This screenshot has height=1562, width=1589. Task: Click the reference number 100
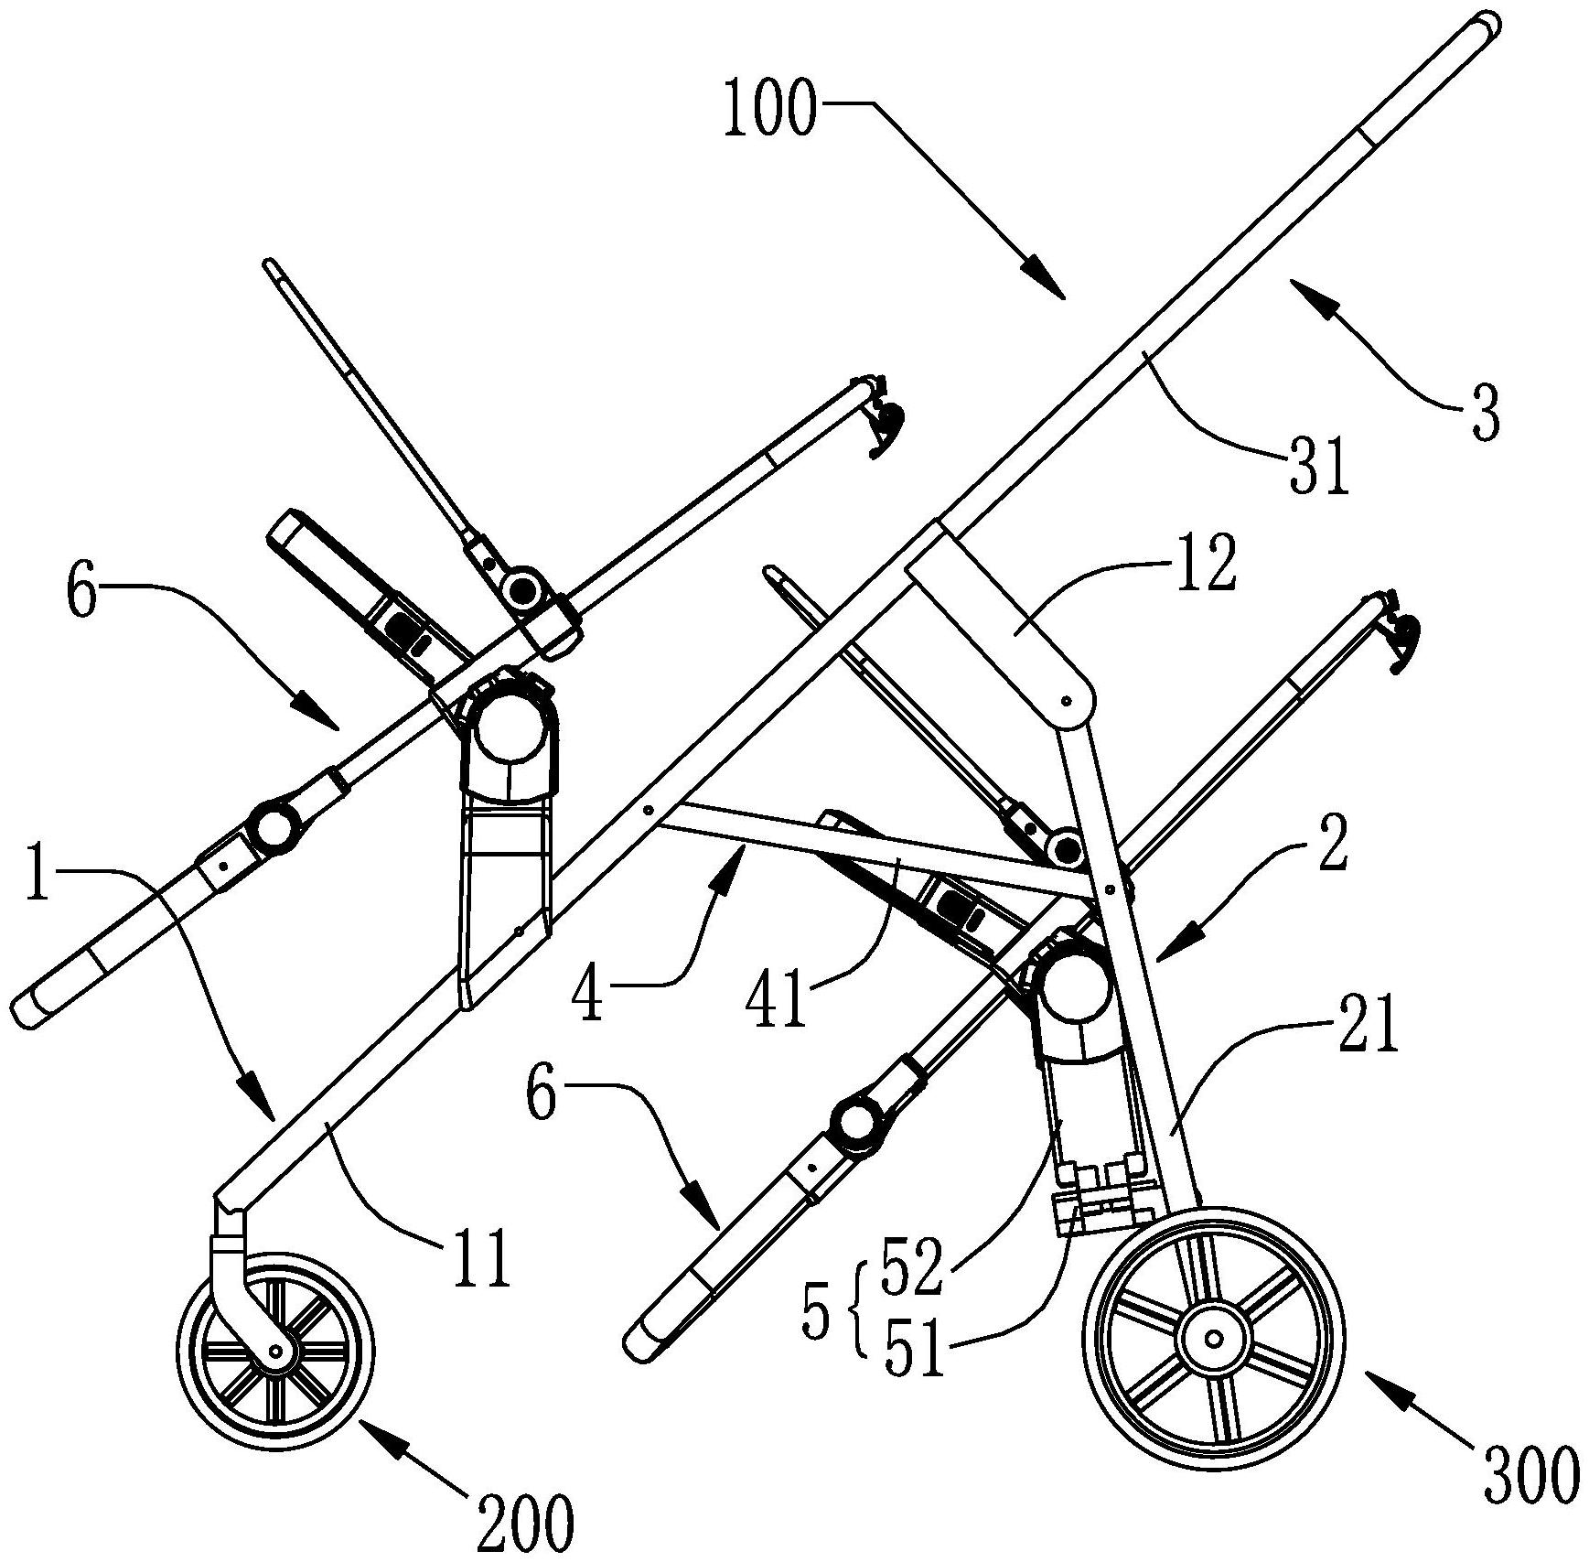[768, 110]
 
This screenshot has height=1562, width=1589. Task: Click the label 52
[910, 1266]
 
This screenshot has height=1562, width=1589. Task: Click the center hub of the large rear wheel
[1214, 1340]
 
